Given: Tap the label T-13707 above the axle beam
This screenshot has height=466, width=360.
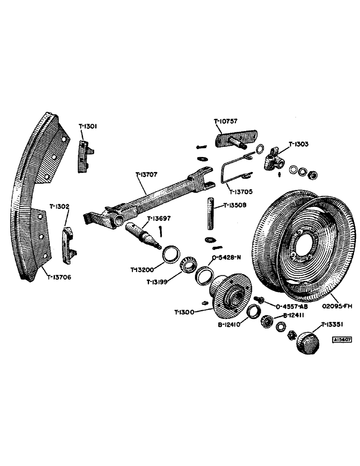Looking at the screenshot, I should tap(146, 175).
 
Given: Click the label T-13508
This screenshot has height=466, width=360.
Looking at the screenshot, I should tap(235, 205).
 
